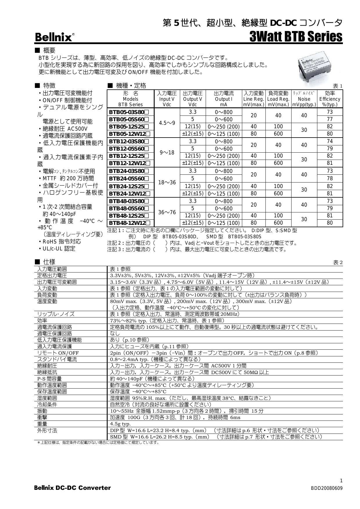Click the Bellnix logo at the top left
coord(54,37)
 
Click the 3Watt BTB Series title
coord(296,37)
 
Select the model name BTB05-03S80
coord(129,112)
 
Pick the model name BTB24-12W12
coord(129,194)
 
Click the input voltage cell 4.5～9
coord(167,123)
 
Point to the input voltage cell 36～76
coord(167,212)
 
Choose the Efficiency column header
coord(330,99)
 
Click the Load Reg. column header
coord(278,99)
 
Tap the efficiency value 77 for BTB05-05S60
coord(330,119)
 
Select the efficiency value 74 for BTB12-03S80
coord(330,141)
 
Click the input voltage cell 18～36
coord(167,182)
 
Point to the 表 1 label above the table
coord(337,86)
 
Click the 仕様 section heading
coord(49,262)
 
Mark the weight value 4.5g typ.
coord(120,424)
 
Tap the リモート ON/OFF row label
coord(58,353)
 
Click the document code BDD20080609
coord(326,488)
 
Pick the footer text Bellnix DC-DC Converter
coord(73,488)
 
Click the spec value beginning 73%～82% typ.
coord(167,321)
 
